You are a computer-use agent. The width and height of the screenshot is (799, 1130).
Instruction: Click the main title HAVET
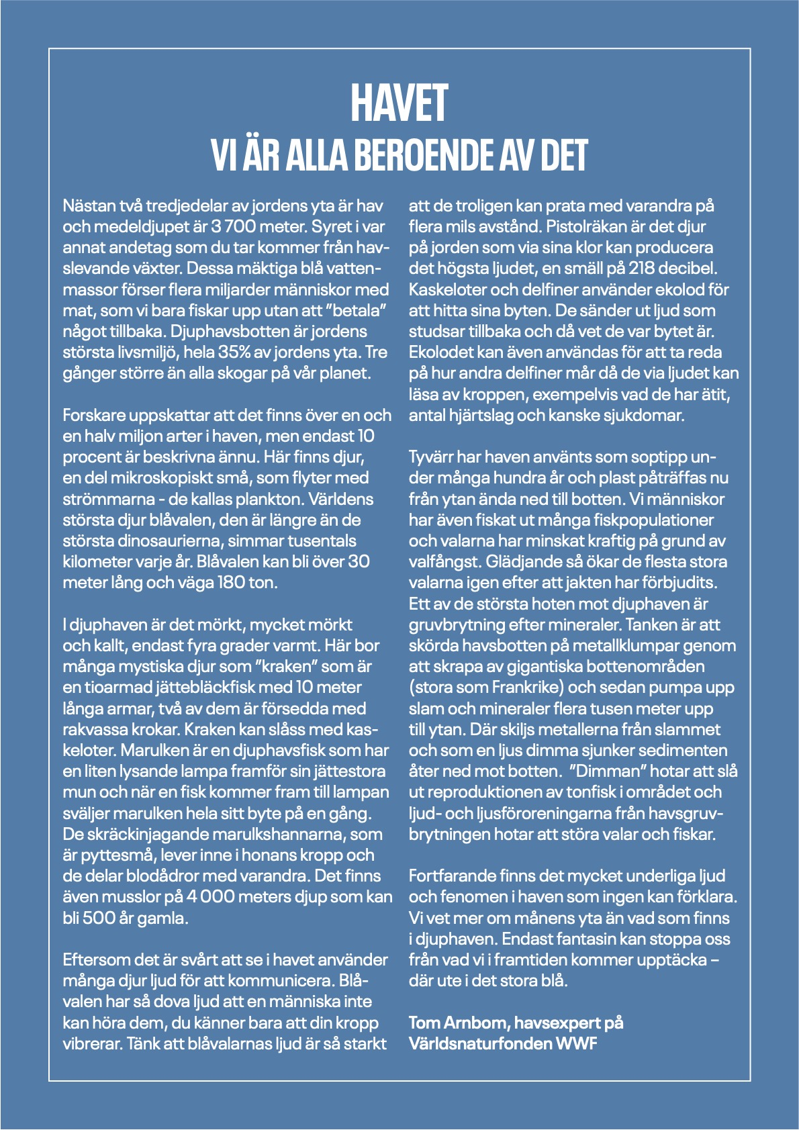point(399,104)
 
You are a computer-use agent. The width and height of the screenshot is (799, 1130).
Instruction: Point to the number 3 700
point(229,226)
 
